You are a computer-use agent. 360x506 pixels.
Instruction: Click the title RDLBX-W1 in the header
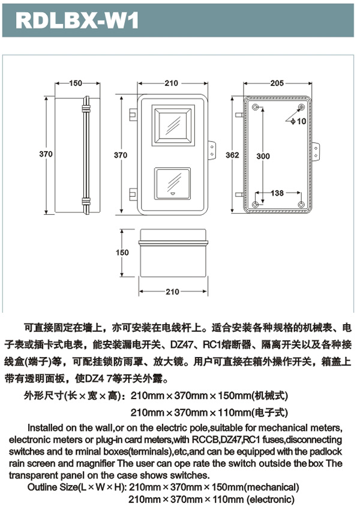point(77,20)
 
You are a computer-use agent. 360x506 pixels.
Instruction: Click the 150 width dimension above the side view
point(76,83)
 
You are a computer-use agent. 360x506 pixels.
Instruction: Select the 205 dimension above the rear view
point(277,83)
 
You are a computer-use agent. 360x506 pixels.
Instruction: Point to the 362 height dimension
point(232,155)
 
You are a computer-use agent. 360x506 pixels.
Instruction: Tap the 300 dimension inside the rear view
point(263,156)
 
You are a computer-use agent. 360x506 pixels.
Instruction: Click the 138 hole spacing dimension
point(277,193)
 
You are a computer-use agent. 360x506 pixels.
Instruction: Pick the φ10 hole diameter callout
point(298,121)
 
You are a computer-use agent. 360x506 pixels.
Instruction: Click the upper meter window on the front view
point(173,125)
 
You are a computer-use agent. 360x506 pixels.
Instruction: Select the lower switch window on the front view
point(172,184)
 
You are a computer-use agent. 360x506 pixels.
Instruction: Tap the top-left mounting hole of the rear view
point(255,107)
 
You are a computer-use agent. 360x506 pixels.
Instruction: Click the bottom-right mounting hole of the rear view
point(301,205)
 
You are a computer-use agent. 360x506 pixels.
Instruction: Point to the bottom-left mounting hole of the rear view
point(255,205)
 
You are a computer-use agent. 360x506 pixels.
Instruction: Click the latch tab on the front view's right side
point(212,151)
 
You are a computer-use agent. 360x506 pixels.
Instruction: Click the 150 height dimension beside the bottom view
point(122,253)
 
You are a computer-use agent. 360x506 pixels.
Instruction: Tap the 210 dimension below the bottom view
point(172,292)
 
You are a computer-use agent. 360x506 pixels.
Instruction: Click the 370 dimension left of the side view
point(46,154)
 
